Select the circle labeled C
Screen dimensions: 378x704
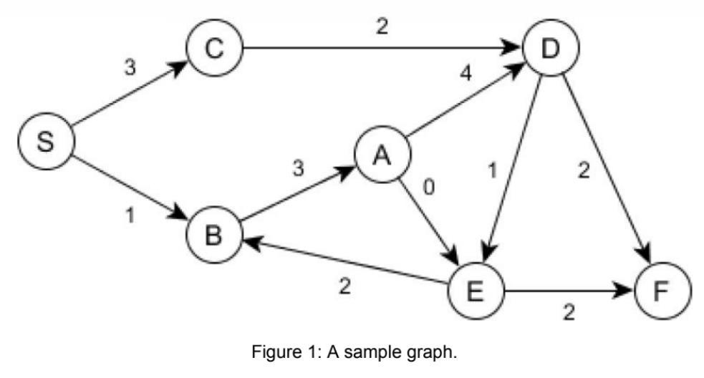(x=214, y=49)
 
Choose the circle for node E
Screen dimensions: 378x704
(x=476, y=291)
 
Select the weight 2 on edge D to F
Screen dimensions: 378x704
(x=584, y=173)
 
